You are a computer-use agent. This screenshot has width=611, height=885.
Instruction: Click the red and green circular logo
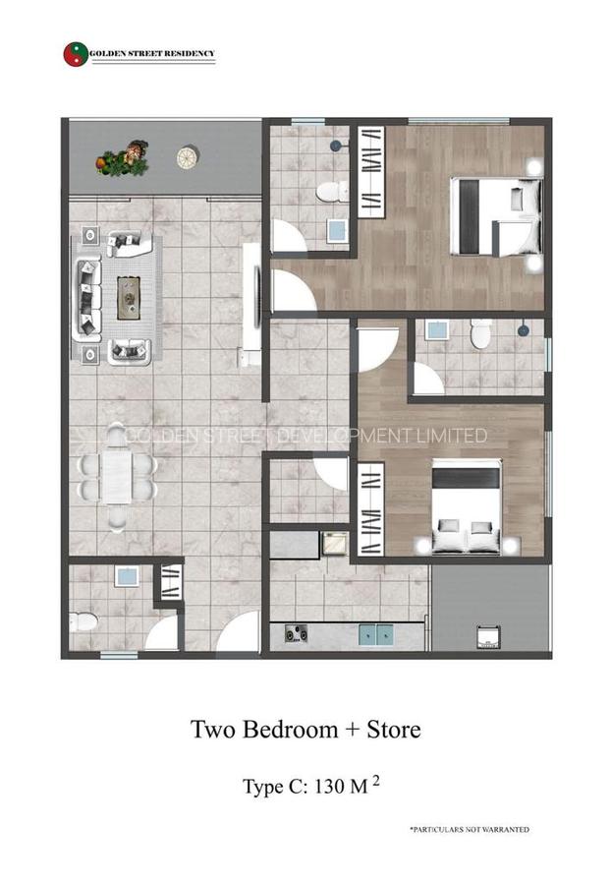75,53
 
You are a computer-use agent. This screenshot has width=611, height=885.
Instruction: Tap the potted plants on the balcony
123,160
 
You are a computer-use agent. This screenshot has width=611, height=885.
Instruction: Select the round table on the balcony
187,156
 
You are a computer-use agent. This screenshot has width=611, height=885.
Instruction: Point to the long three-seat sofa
86,297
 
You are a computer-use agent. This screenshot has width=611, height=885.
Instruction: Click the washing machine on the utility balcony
485,636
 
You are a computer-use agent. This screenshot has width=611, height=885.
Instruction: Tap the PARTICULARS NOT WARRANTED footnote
470,830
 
